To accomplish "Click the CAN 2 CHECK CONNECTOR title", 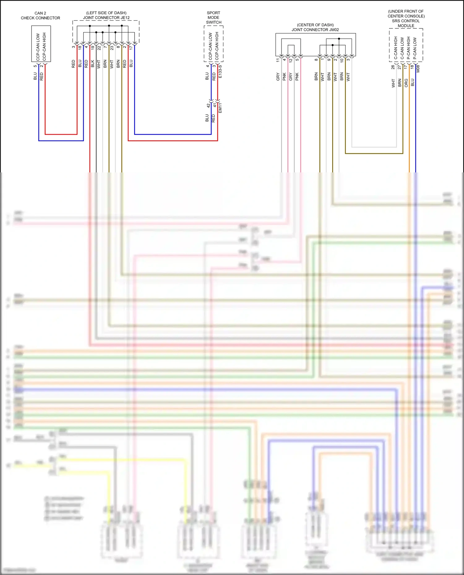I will tap(40, 15).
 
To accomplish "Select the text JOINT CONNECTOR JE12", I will tap(106, 18).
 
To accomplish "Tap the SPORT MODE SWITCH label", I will tap(213, 18).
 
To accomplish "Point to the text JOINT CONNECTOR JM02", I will tap(315, 30).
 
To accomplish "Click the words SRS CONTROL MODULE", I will tap(406, 23).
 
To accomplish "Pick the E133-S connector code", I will tap(220, 71).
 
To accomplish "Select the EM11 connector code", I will tap(220, 108).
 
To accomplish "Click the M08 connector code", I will tap(418, 69).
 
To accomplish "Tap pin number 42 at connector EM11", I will tap(208, 105).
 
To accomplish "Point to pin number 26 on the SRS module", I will tap(393, 67).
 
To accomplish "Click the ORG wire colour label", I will tap(406, 83).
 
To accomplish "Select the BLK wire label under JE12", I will tap(92, 64).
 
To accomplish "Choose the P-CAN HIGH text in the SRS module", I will tap(409, 48).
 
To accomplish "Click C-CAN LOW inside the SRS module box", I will tap(402, 49).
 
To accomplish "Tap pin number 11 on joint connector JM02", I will tap(278, 60).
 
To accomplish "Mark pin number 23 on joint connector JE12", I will tap(112, 48).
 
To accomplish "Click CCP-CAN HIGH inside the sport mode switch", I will tap(217, 46).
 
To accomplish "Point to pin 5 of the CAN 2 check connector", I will tap(35, 66).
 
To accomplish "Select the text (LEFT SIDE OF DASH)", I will tap(106, 13).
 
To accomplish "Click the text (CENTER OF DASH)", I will tap(315, 25).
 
